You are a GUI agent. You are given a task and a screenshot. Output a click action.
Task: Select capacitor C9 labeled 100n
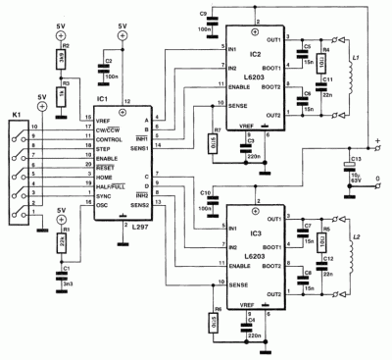pos(203,25)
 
